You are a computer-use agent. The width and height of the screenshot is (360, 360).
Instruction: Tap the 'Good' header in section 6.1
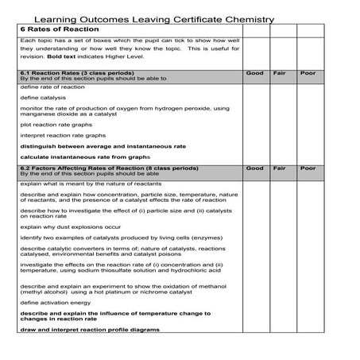pos(255,73)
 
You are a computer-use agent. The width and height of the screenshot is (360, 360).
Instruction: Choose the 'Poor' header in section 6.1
pos(308,73)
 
